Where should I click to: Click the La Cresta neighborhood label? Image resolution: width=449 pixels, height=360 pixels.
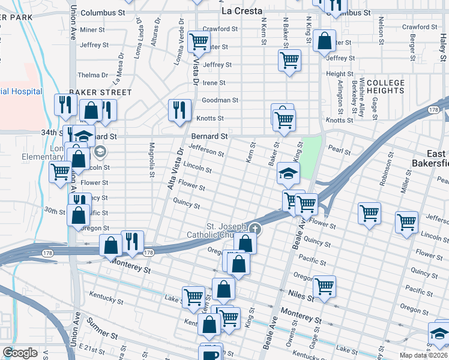coord(241,11)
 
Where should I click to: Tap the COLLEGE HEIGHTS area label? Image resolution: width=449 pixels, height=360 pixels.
coord(385,86)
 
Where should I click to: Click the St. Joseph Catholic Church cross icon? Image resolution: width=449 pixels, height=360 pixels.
coord(255,228)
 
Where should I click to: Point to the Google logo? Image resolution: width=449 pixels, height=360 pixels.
coord(20,353)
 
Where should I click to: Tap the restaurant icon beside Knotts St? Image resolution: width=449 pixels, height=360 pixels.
coord(179,110)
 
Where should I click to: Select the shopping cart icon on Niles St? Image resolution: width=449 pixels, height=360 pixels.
coord(324,285)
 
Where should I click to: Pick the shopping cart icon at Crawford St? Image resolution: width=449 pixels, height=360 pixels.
coord(198,41)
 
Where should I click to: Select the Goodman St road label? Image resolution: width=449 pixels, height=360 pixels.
coord(220,100)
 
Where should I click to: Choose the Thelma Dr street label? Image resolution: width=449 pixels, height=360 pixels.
coord(92,75)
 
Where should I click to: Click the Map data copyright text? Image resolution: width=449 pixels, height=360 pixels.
coord(424,355)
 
